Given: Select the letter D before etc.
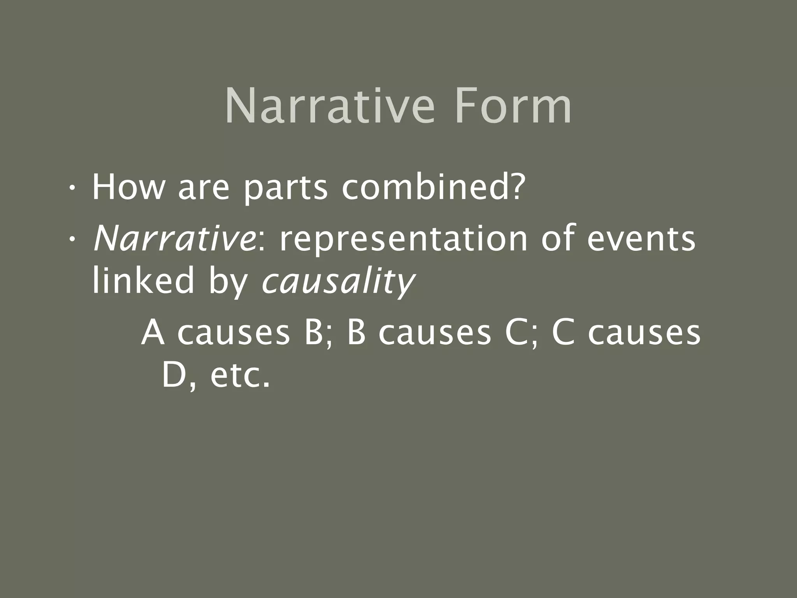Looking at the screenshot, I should (173, 376).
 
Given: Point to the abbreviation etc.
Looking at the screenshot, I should (239, 377).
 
